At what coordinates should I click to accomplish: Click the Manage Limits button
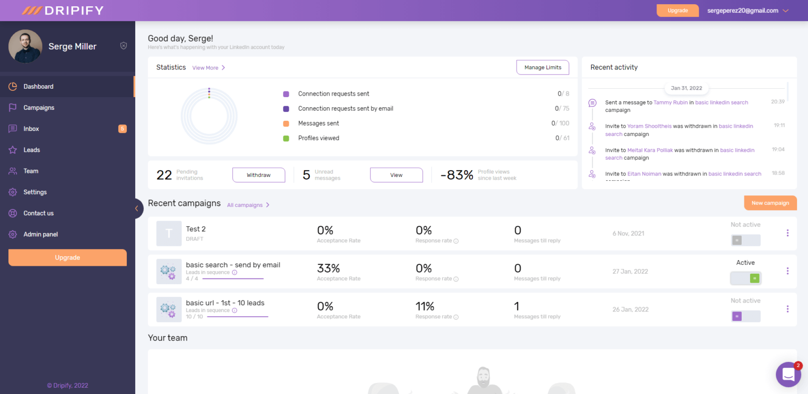542,67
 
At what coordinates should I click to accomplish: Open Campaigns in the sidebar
38,108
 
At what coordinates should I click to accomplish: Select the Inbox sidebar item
31,129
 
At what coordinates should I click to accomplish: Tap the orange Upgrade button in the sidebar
67,257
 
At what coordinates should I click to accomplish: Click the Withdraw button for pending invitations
258,175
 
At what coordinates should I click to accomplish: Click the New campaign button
770,203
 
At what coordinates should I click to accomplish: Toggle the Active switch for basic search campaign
745,278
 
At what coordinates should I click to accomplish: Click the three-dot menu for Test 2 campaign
787,233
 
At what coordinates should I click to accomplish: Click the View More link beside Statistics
208,68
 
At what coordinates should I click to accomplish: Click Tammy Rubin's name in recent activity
670,102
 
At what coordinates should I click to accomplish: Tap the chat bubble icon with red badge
787,374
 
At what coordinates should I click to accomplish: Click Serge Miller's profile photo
25,46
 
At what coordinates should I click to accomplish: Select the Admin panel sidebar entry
41,234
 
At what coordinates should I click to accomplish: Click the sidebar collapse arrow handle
137,209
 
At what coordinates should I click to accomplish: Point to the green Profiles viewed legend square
286,138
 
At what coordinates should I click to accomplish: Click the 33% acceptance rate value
328,268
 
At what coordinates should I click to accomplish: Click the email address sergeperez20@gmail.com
742,11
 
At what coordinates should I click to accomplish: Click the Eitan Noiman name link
644,174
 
